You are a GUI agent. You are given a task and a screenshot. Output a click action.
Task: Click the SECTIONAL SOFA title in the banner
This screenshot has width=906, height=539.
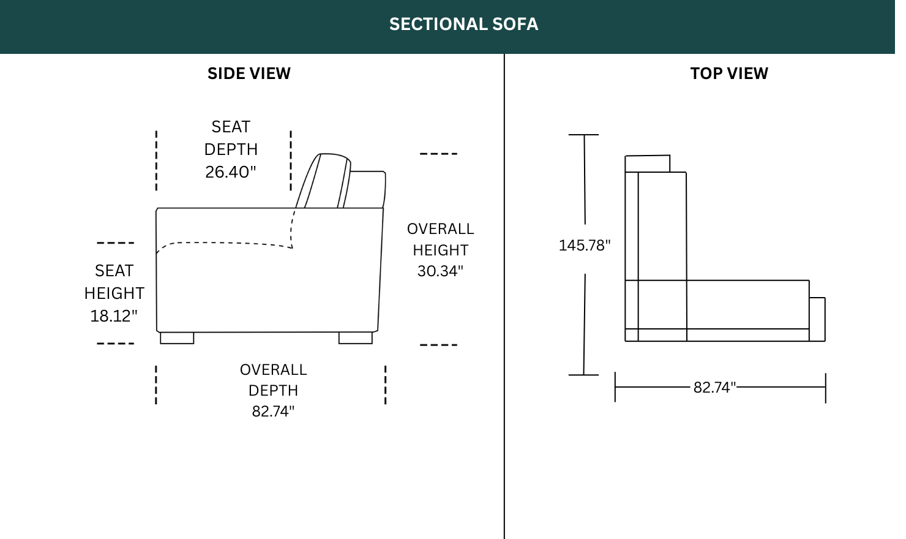click(x=463, y=24)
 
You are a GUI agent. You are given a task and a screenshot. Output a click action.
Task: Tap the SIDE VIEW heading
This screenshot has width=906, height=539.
click(x=249, y=73)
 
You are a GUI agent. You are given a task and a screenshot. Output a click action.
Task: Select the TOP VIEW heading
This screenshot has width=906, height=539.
click(x=729, y=73)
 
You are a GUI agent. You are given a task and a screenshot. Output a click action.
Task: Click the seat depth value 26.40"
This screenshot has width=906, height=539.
click(x=231, y=172)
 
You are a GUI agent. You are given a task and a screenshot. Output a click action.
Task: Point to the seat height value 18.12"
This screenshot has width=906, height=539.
click(x=114, y=316)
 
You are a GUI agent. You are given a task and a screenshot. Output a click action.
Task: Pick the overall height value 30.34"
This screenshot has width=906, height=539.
click(x=440, y=271)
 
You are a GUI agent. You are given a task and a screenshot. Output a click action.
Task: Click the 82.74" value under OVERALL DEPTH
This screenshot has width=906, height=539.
click(x=273, y=412)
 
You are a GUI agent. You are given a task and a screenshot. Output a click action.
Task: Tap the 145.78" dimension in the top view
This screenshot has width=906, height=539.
click(x=585, y=245)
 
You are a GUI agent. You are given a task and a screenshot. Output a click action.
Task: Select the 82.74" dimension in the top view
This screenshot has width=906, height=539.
click(x=714, y=387)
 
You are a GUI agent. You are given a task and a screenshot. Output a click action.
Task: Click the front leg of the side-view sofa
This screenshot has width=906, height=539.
click(x=177, y=338)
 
